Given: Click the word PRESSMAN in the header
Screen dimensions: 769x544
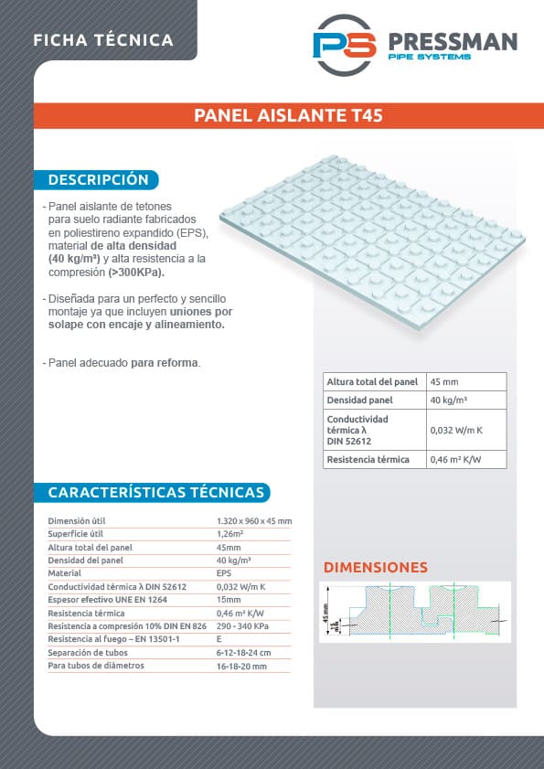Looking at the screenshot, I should click(453, 41).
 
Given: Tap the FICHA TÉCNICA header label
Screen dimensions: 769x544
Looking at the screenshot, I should click(102, 40).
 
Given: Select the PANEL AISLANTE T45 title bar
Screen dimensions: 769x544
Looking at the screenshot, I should click(288, 116).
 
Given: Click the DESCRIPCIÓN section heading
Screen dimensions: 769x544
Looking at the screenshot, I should click(98, 179).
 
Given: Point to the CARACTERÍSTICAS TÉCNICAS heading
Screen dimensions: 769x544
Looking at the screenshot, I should click(155, 493).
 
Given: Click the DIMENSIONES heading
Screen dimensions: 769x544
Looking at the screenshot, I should click(375, 567).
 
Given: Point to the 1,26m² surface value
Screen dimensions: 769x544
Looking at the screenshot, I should click(229, 534).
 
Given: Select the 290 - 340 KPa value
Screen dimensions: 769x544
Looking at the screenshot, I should click(242, 626).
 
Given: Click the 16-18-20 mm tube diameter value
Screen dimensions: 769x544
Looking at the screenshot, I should click(241, 667).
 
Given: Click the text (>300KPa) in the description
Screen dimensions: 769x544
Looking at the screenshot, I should click(137, 272).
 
